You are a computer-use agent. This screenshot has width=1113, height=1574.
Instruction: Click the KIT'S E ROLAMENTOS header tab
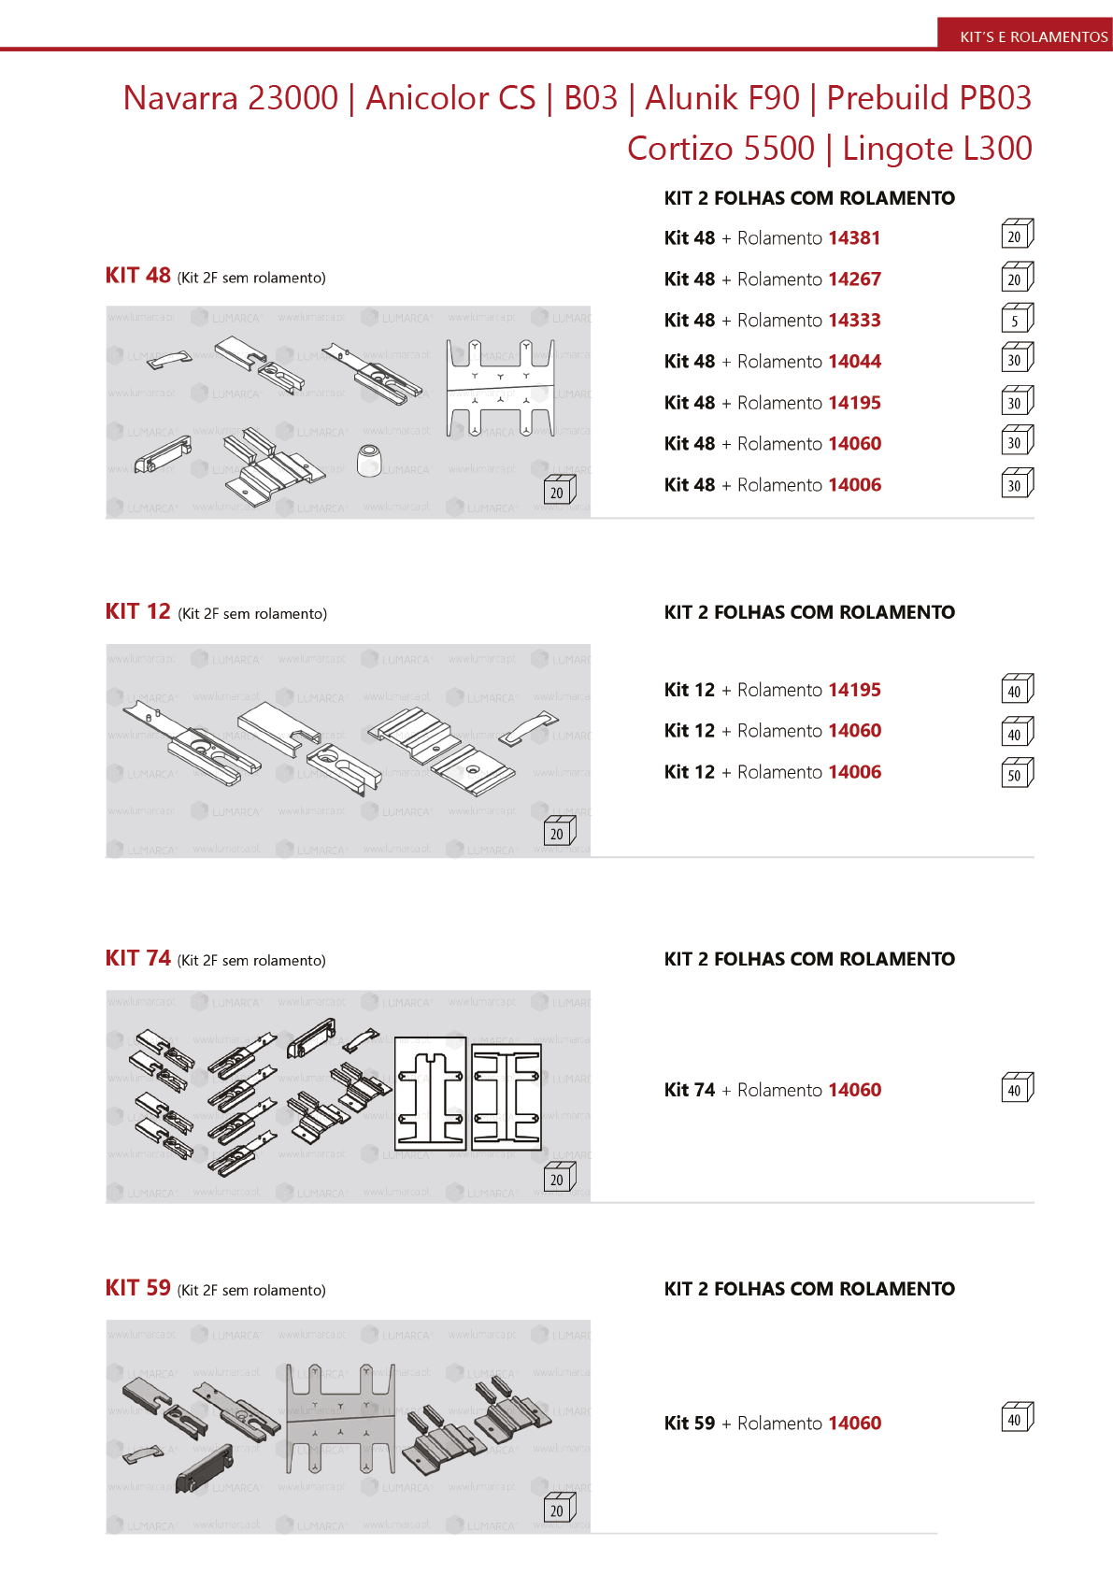pyautogui.click(x=1033, y=36)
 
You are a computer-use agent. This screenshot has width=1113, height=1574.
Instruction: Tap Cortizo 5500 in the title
pyautogui.click(x=721, y=149)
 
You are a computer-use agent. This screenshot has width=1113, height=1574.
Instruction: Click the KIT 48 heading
pyautogui.click(x=138, y=276)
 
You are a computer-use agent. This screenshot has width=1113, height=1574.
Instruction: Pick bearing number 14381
pyautogui.click(x=854, y=238)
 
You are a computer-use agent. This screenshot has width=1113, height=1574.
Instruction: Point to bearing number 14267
pyautogui.click(x=854, y=279)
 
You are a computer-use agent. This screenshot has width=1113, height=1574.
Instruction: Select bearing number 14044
pyautogui.click(x=854, y=362)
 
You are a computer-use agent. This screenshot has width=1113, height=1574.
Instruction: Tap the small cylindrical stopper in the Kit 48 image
pyautogui.click(x=370, y=460)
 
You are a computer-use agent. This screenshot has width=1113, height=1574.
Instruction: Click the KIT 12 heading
pyautogui.click(x=138, y=612)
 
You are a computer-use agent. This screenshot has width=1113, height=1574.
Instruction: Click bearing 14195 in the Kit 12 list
pyautogui.click(x=854, y=690)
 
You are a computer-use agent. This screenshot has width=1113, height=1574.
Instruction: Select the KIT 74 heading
pyautogui.click(x=138, y=959)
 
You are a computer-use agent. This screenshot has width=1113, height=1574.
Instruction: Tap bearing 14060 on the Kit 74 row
pyautogui.click(x=854, y=1090)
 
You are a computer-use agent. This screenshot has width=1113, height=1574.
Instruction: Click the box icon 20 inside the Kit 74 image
pyautogui.click(x=559, y=1178)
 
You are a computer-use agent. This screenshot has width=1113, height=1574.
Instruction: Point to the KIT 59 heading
pyautogui.click(x=138, y=1289)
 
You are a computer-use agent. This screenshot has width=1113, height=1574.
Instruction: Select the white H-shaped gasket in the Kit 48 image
pyautogui.click(x=500, y=387)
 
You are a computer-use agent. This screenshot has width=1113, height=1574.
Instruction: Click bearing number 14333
pyautogui.click(x=854, y=321)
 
